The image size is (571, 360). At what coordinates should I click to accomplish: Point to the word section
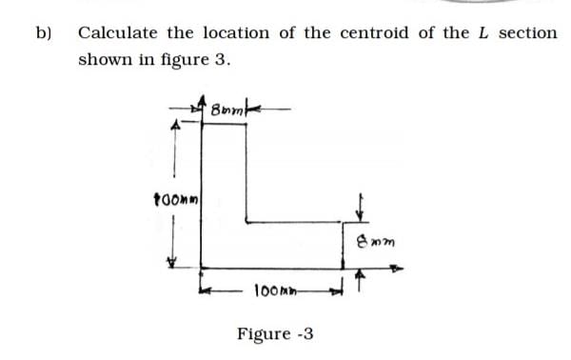click(528, 33)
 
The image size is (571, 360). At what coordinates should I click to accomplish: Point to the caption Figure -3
click(275, 334)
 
